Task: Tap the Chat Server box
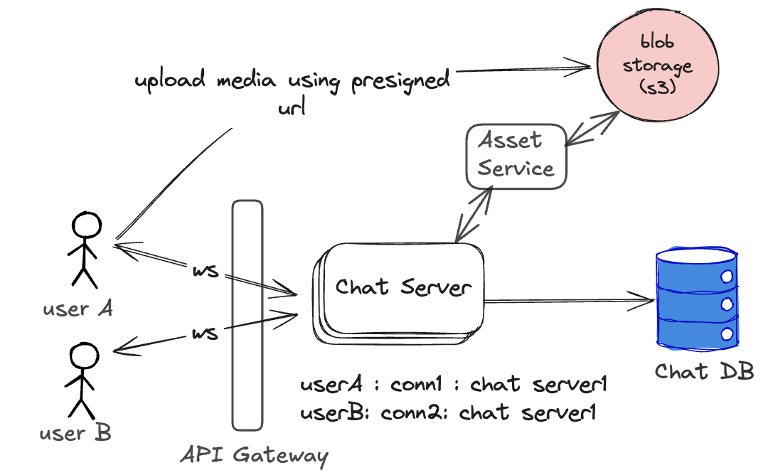tap(402, 287)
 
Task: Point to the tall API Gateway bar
tap(247, 315)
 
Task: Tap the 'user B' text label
tap(75, 432)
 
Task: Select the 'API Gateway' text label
tap(253, 455)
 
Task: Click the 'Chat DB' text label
tap(703, 371)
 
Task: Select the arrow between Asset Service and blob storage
tap(592, 128)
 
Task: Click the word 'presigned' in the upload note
tap(400, 80)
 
